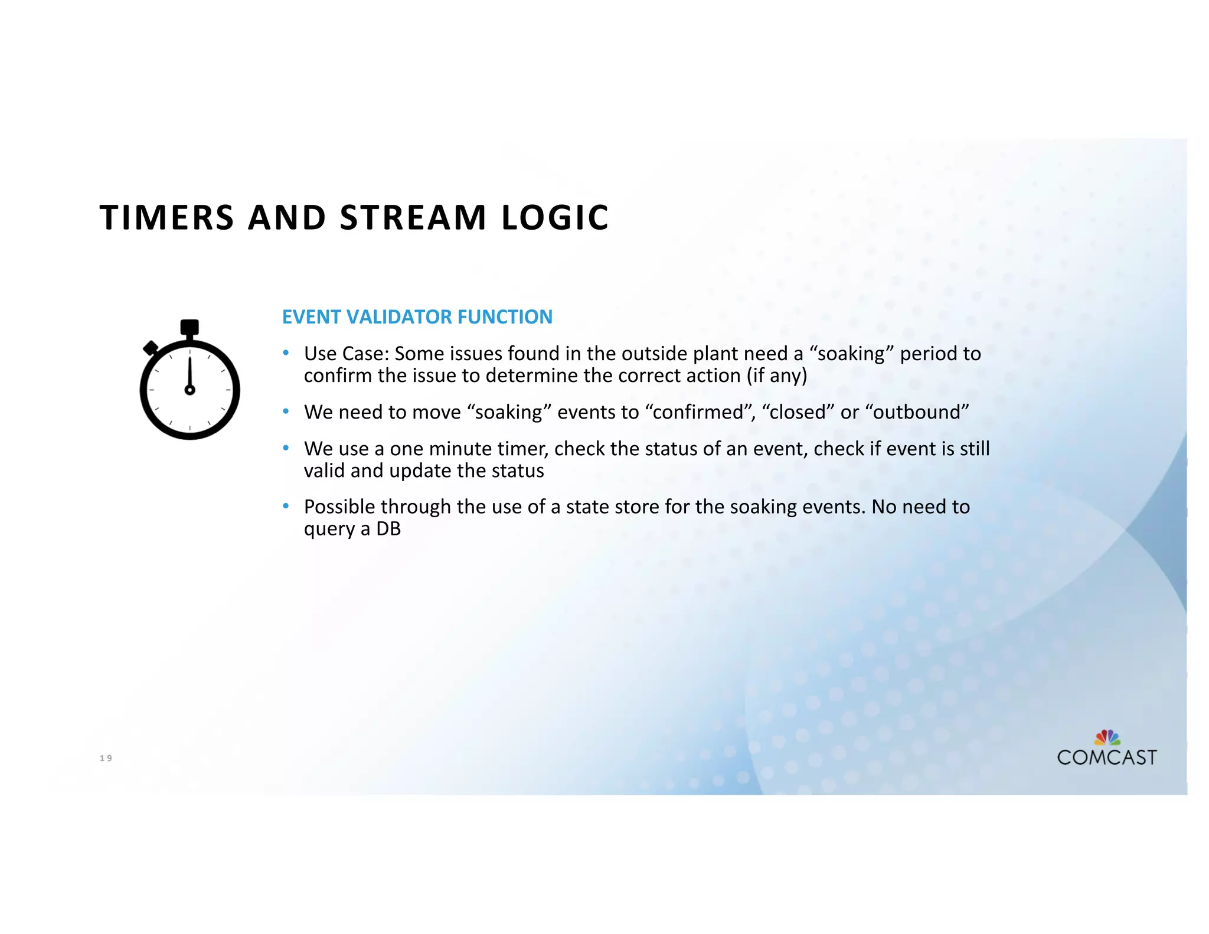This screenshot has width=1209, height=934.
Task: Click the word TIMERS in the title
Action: pos(167,217)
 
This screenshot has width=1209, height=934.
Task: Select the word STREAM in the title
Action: pos(413,217)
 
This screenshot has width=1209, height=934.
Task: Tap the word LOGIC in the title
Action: pos(555,217)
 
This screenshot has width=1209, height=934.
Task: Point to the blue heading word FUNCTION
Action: pos(505,317)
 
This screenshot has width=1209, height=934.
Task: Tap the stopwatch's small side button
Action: pos(151,348)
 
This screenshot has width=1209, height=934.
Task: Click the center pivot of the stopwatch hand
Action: pos(189,390)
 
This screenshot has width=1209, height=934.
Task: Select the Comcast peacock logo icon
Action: pos(1107,737)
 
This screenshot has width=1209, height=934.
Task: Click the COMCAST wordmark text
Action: pos(1107,757)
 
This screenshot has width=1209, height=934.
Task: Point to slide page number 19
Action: pos(106,758)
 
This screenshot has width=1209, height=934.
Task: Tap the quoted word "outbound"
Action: pos(920,412)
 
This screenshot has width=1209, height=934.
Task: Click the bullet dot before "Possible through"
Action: pos(286,506)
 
